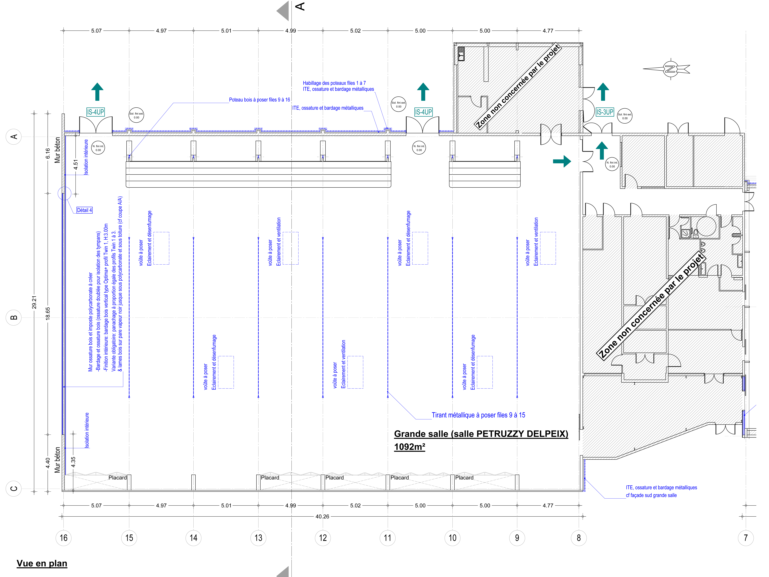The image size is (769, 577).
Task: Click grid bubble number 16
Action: [x=63, y=538]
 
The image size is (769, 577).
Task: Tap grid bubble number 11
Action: [x=388, y=538]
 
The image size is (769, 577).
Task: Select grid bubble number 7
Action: [x=746, y=538]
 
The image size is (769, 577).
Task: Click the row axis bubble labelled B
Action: [x=14, y=317]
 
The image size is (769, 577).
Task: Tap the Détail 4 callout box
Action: [x=84, y=210]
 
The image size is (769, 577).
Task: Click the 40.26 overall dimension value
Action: [x=322, y=517]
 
